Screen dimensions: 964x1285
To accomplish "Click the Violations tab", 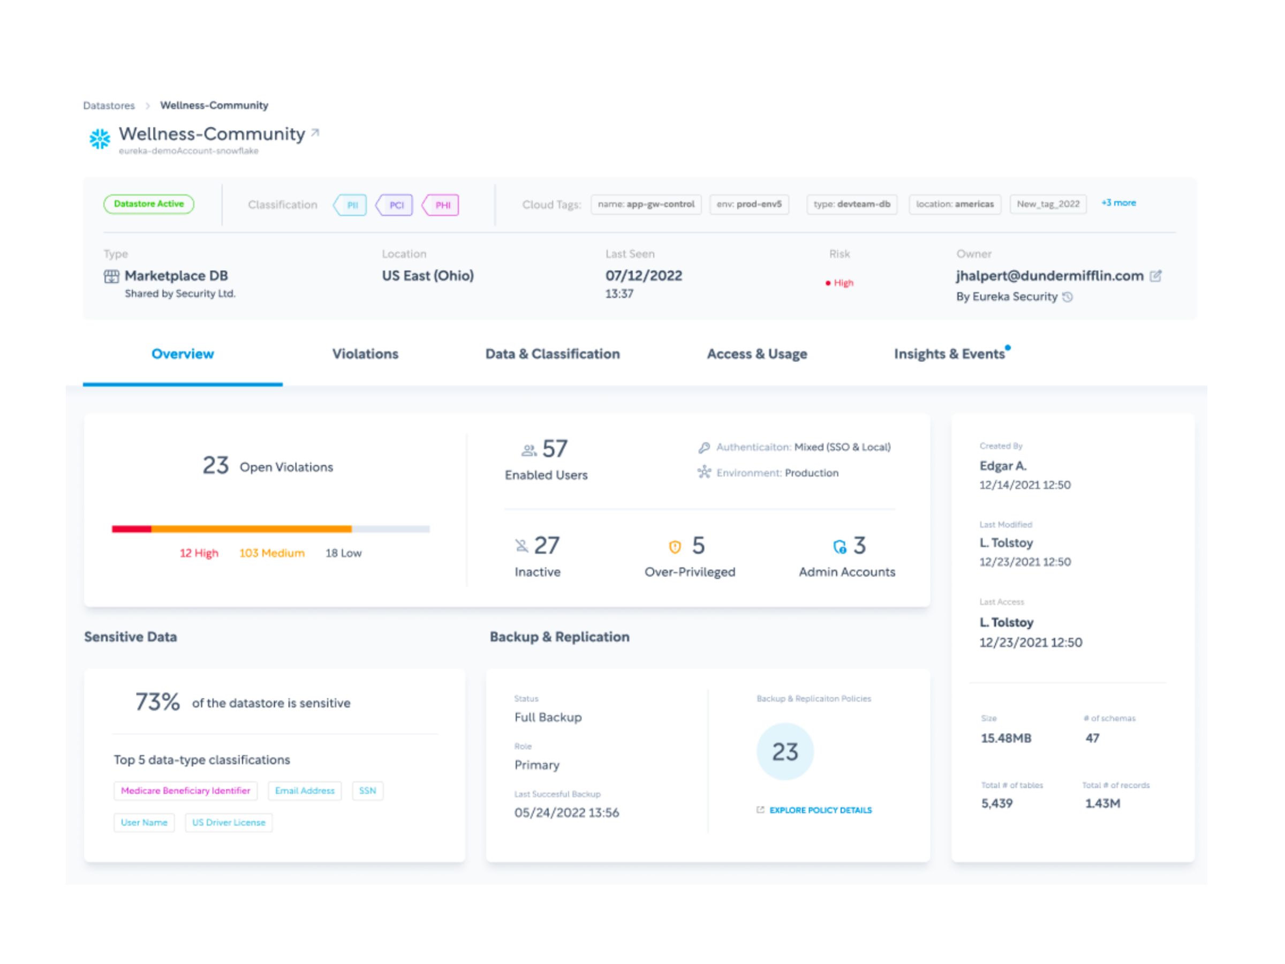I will tap(365, 354).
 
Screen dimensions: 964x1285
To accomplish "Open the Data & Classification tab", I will tap(552, 354).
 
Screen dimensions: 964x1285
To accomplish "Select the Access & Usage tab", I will tap(757, 354).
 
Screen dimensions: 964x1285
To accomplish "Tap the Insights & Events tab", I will tap(949, 354).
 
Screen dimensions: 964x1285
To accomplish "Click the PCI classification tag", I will tap(395, 205).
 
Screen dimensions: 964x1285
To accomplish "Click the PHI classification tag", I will tap(442, 205).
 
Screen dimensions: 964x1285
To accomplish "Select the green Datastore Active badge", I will tap(149, 204).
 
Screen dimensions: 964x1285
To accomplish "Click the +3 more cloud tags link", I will tap(1118, 203).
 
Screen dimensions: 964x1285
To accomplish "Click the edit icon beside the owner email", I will tap(1155, 276).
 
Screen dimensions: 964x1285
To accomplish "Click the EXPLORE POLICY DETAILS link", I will tap(819, 810).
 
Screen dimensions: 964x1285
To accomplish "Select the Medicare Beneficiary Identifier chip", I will tap(185, 791).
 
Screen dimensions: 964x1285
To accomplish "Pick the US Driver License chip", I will tap(228, 823).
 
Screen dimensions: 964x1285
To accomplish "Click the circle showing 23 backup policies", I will tap(784, 752).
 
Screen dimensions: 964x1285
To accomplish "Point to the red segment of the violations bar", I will tap(131, 529).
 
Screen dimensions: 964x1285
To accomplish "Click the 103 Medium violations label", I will tap(271, 553).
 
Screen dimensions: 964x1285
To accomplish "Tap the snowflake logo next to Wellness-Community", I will tap(100, 139).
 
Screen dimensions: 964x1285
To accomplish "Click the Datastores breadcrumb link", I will tap(109, 106).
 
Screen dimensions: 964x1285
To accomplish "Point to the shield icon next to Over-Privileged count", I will tap(675, 547).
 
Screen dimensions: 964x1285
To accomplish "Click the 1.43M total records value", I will tap(1102, 804).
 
